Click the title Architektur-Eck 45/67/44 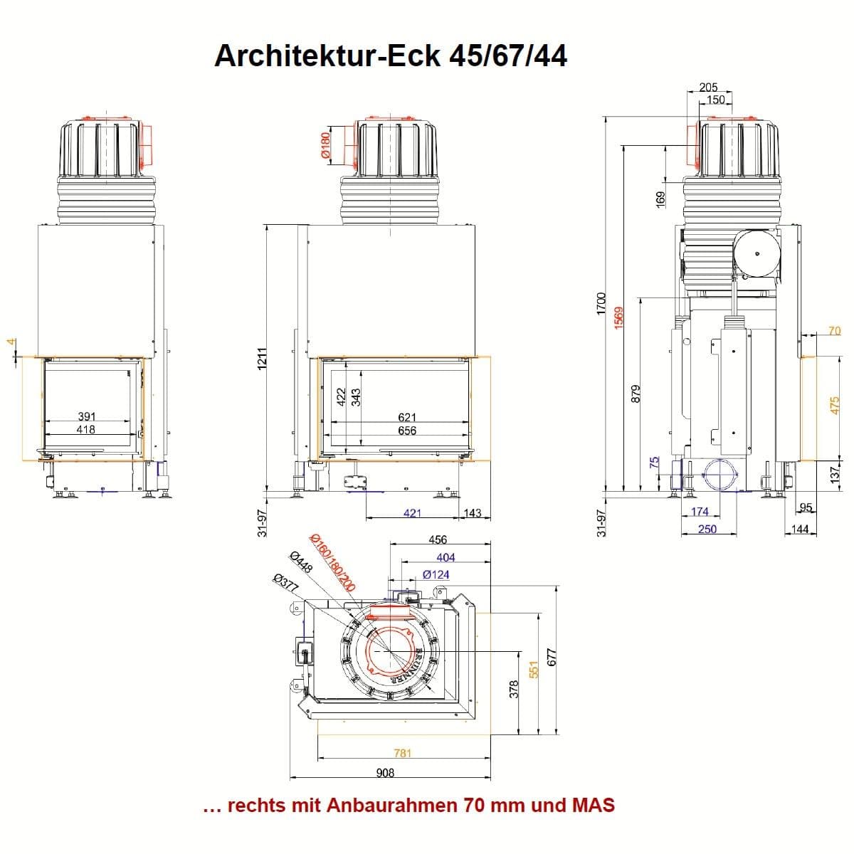[391, 55]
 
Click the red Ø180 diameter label [325, 145]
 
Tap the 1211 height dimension [262, 360]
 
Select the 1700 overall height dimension [601, 304]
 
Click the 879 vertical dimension [636, 394]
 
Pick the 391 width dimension [86, 416]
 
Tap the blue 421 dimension [412, 513]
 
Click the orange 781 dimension [403, 753]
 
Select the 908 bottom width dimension [385, 773]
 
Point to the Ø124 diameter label [436, 574]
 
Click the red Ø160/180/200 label [332, 562]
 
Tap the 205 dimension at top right [708, 87]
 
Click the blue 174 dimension [700, 512]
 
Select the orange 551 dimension [534, 670]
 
